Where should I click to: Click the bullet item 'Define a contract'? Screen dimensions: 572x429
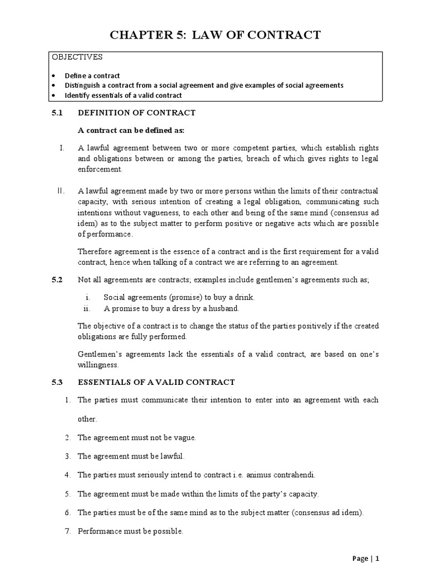[100, 75]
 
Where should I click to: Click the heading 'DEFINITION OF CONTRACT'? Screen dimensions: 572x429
[136, 113]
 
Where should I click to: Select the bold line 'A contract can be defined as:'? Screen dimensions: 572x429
[131, 130]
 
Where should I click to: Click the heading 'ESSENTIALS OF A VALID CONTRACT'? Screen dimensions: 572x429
[156, 382]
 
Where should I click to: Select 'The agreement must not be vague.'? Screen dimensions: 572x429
[137, 438]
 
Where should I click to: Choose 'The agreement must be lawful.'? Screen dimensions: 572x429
[131, 456]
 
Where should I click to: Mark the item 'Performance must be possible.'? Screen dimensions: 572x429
[130, 531]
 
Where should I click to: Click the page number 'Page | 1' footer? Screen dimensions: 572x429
[365, 558]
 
